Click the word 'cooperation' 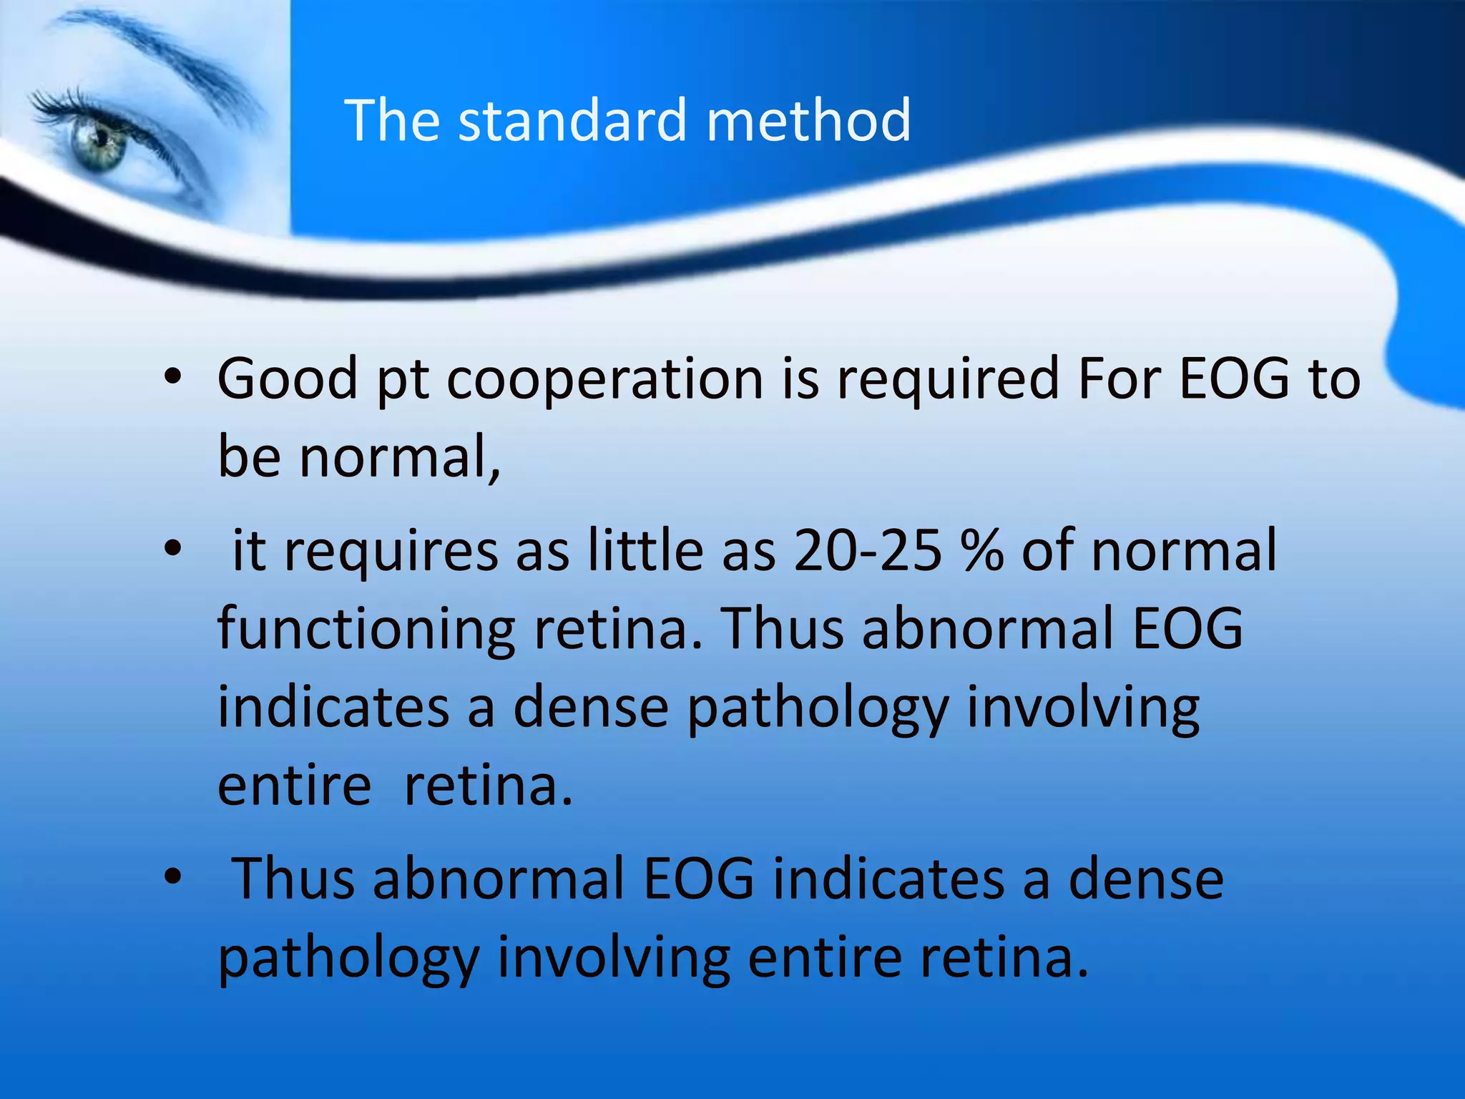click(x=605, y=379)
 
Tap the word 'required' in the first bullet click(x=947, y=379)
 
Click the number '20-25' click(x=867, y=550)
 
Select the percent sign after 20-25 click(x=983, y=550)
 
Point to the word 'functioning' click(x=366, y=630)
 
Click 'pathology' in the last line click(x=348, y=959)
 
